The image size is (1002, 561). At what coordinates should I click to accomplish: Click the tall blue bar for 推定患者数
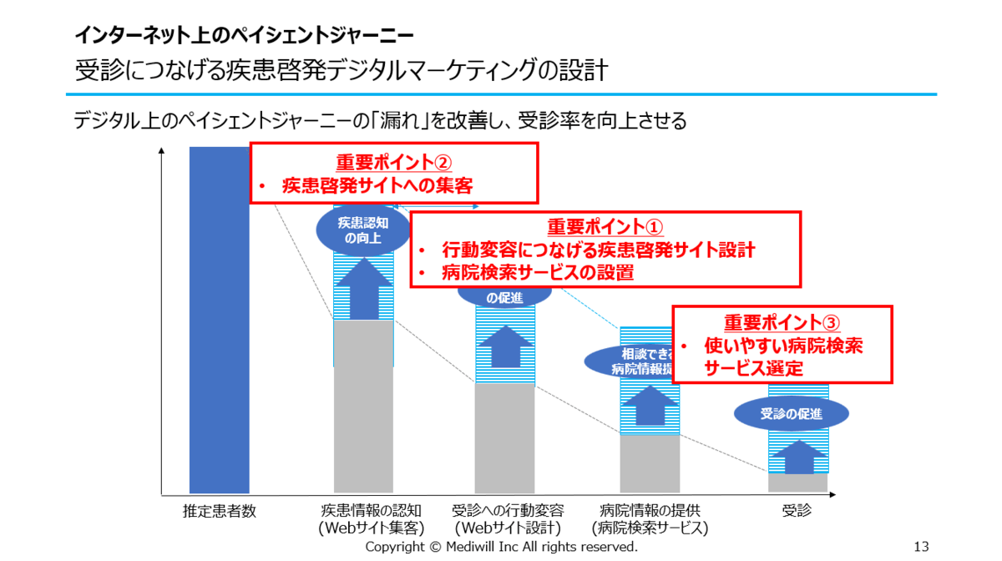(x=219, y=334)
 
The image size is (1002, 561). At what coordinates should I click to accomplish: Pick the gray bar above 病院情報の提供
(x=649, y=463)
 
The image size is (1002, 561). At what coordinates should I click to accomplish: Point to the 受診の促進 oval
(x=792, y=414)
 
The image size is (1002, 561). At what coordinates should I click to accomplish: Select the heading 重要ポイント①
(x=605, y=227)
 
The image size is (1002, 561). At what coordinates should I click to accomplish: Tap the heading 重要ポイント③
(x=782, y=323)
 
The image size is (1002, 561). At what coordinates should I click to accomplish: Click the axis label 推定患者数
(x=219, y=511)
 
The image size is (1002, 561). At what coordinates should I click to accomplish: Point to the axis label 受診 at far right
(x=797, y=511)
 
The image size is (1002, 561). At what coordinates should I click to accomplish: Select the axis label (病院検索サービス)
(x=649, y=528)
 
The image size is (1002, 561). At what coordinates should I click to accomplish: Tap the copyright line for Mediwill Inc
(x=501, y=547)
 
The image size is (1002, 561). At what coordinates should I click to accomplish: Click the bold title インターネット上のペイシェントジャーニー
(x=243, y=35)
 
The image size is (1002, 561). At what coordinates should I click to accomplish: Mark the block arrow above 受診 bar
(x=799, y=457)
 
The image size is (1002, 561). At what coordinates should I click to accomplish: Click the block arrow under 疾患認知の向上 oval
(x=363, y=288)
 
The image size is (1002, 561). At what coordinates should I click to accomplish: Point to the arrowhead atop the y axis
(x=161, y=151)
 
